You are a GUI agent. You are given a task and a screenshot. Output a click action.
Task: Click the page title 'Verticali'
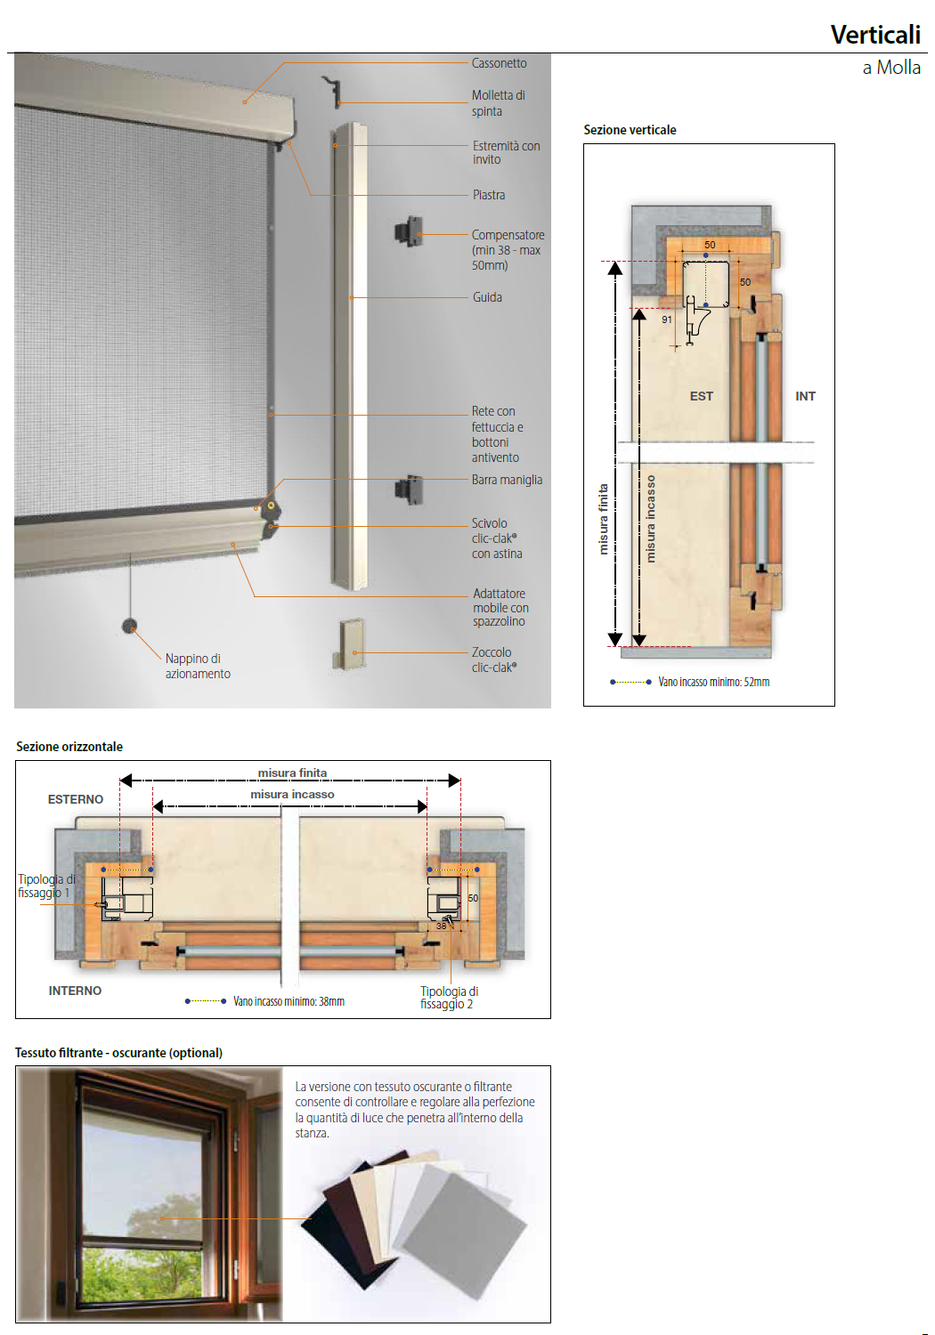click(x=874, y=35)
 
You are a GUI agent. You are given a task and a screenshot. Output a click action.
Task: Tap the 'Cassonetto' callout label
click(x=499, y=63)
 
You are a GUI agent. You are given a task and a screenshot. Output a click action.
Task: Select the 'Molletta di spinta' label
click(x=498, y=103)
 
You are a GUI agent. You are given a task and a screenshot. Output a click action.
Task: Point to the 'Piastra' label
click(x=489, y=195)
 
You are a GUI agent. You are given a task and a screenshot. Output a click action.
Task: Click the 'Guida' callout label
click(x=487, y=297)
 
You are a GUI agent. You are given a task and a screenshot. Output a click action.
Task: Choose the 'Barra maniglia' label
click(x=507, y=480)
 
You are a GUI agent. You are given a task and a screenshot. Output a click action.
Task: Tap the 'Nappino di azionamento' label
click(x=197, y=666)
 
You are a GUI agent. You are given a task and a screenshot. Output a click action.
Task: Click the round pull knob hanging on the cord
click(x=130, y=626)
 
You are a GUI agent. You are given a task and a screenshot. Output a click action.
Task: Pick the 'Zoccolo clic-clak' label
click(x=493, y=659)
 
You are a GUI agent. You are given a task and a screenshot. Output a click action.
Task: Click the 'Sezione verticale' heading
click(x=630, y=130)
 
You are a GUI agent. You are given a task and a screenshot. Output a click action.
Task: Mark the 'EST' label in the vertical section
click(x=701, y=396)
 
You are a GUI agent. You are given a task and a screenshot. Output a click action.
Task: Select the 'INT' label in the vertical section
click(x=805, y=396)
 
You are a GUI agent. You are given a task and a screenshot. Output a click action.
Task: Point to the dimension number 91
click(x=667, y=320)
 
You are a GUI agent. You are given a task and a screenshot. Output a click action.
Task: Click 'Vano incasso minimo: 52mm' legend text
click(x=713, y=682)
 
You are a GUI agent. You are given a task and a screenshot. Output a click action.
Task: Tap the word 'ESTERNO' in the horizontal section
click(x=76, y=799)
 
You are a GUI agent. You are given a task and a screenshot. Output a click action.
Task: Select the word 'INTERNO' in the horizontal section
click(x=75, y=991)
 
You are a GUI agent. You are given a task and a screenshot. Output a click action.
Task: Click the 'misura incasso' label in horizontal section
click(x=292, y=795)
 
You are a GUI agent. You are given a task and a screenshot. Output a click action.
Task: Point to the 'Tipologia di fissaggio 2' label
click(x=449, y=998)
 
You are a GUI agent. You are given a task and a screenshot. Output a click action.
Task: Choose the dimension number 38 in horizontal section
click(x=441, y=926)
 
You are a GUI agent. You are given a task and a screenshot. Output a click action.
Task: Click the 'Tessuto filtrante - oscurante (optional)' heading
click(x=118, y=1053)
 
